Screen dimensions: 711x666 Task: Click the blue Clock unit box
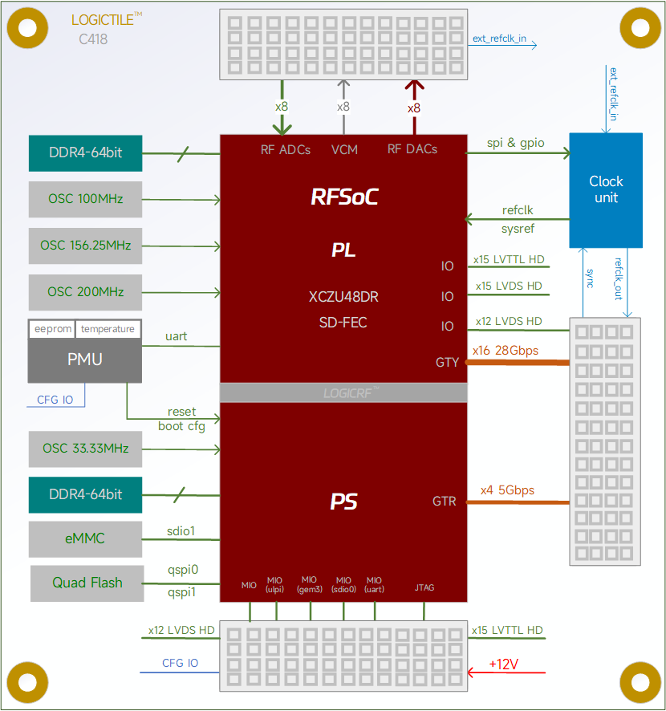coord(606,190)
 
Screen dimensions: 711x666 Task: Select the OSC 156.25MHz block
coord(85,246)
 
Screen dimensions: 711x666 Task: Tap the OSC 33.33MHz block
coord(85,449)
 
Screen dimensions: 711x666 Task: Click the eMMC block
coord(85,538)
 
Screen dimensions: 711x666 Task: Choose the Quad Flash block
coord(87,583)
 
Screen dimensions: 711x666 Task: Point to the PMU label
coord(85,360)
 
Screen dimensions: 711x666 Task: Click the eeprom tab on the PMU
coord(51,329)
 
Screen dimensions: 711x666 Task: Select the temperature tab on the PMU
coord(108,329)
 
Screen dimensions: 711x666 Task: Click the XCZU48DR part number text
coord(343,297)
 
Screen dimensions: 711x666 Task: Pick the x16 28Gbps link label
coord(506,351)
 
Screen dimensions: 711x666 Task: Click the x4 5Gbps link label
coord(507,490)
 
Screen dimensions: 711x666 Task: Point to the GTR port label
coord(445,502)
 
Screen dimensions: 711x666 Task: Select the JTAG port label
coord(424,587)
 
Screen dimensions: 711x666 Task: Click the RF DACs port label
coord(412,149)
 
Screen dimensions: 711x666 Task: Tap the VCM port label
coord(344,149)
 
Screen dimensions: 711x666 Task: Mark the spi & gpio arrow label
coord(515,143)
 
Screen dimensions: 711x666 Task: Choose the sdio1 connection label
coord(181,530)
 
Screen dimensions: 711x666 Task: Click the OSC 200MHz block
coord(85,292)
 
